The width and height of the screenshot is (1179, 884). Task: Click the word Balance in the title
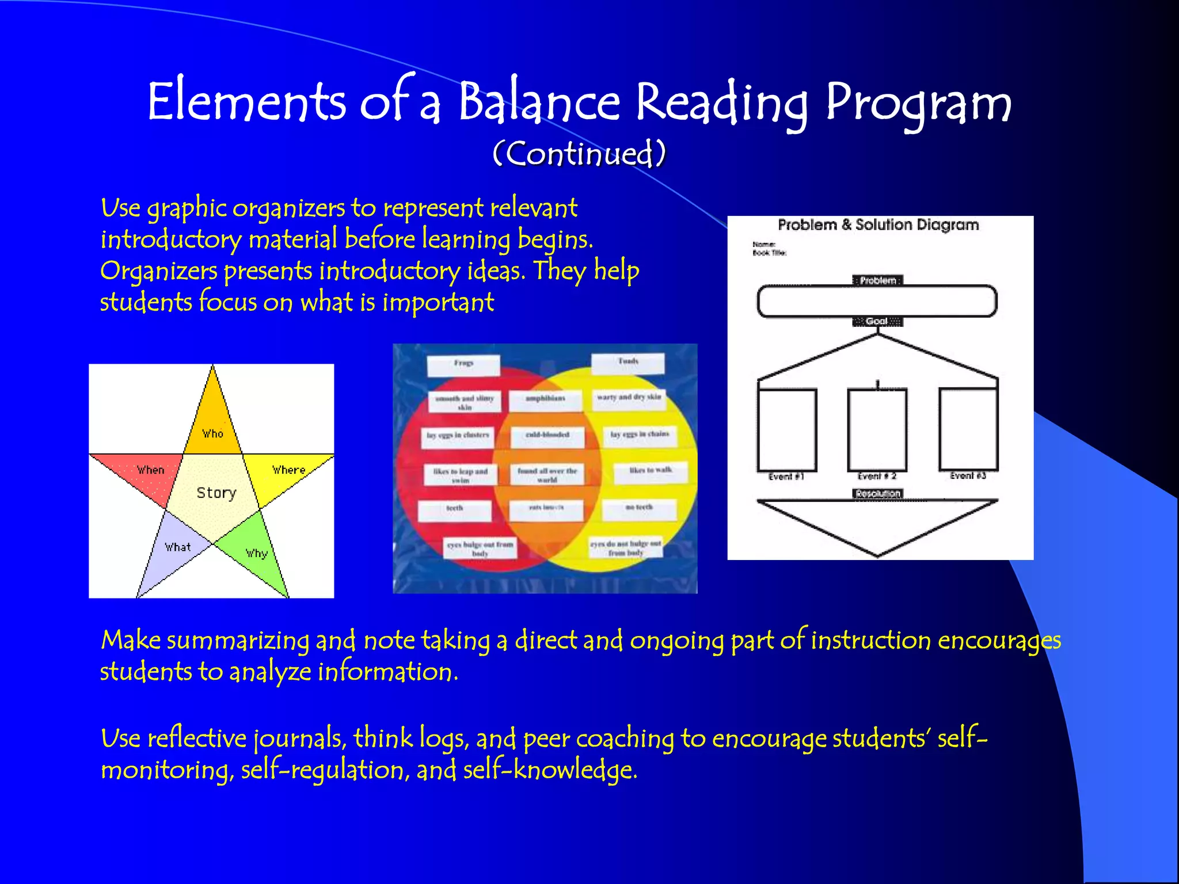(539, 102)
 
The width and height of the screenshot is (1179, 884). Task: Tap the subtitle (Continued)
(579, 154)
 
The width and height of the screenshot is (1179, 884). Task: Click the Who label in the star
(212, 433)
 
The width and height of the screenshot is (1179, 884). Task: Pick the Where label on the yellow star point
(288, 470)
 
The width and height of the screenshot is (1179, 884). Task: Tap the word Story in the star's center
(216, 493)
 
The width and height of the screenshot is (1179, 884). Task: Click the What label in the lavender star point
(177, 547)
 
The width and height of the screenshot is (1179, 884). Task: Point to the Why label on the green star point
(257, 553)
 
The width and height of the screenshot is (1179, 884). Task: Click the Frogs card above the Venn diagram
(463, 364)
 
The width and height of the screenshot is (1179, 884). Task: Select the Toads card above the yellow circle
(628, 363)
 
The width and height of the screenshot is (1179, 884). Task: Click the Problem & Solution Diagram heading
(878, 225)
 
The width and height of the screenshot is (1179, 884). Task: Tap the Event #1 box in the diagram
(787, 430)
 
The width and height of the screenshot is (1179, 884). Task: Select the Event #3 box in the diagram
(968, 429)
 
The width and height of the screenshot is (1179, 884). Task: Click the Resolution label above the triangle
(877, 494)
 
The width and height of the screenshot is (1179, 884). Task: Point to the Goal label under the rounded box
(877, 321)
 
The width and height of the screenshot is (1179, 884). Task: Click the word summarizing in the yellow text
(238, 641)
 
